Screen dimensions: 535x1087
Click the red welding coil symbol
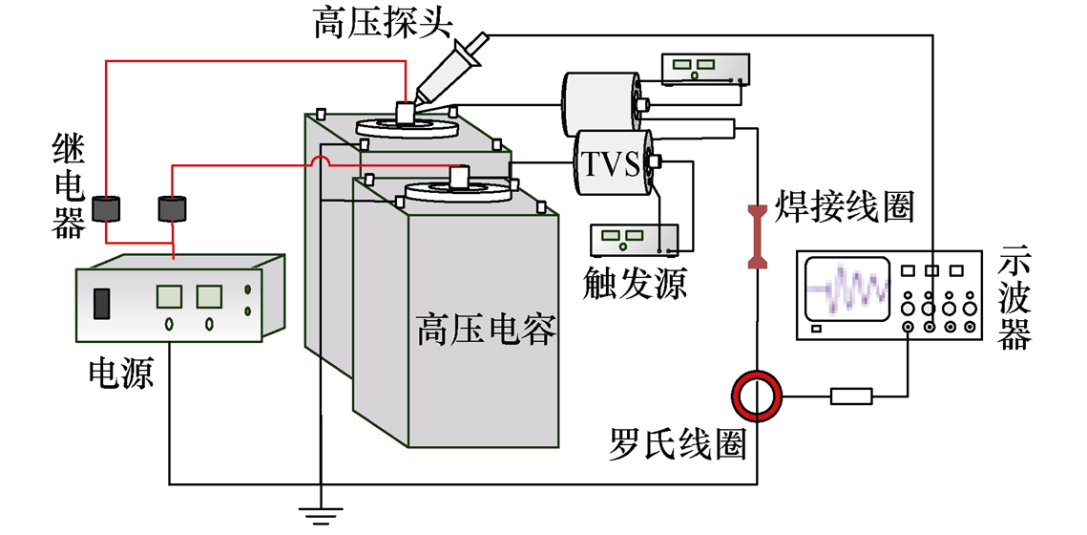click(757, 236)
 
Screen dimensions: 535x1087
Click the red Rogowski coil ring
click(757, 394)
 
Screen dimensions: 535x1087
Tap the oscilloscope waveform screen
click(847, 288)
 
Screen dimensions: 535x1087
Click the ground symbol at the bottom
click(322, 517)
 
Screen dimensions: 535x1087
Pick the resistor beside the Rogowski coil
click(851, 395)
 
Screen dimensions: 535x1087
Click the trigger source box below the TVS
click(634, 239)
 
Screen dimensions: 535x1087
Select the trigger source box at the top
click(705, 67)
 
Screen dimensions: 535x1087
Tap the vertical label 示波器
click(1014, 302)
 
